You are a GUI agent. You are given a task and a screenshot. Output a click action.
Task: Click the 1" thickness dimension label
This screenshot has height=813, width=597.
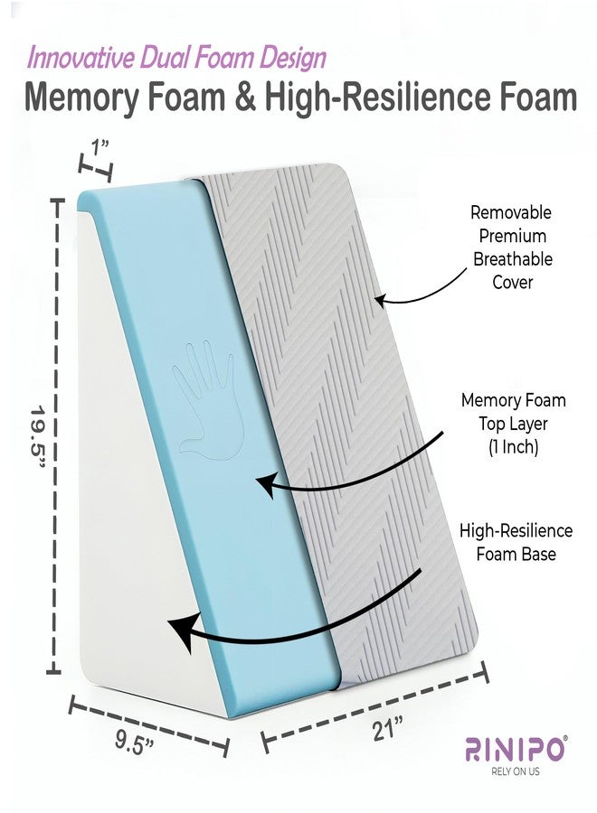[x=99, y=146]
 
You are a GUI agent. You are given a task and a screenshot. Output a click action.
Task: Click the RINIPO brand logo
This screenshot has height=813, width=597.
[x=514, y=749]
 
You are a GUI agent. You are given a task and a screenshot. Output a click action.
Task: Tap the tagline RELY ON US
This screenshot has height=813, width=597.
[x=515, y=771]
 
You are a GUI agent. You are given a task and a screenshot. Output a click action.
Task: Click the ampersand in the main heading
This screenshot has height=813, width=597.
[x=244, y=97]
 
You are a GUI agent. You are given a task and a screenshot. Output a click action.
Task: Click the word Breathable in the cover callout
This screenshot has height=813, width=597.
[x=512, y=258]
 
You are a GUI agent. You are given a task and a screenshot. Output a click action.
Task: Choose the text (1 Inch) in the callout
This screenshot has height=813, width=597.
[x=513, y=446]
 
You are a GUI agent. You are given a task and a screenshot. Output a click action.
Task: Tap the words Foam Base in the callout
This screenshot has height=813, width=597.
[x=516, y=554]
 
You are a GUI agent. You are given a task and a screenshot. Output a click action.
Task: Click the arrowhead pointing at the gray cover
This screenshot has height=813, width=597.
[x=380, y=301]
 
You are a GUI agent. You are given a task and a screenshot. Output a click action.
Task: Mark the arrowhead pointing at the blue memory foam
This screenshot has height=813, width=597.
[x=265, y=485]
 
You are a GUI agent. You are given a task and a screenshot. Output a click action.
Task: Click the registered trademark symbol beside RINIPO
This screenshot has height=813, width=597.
[x=564, y=738]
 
